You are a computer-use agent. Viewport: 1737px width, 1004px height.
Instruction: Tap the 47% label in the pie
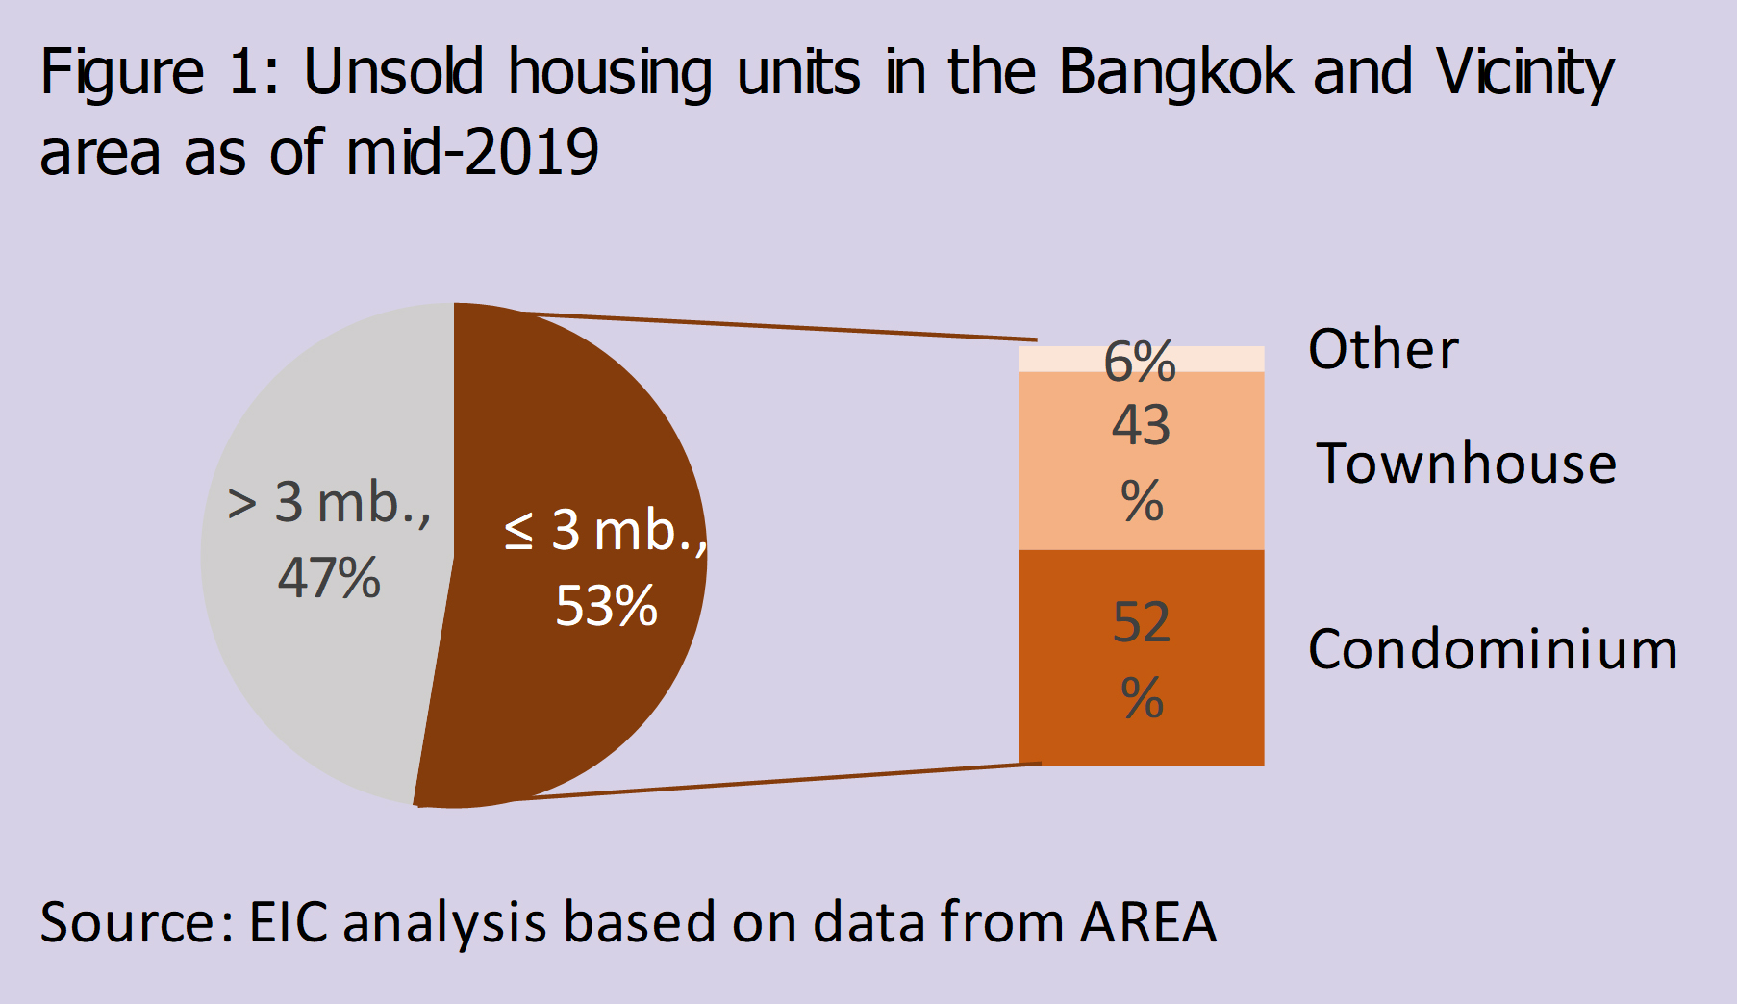[329, 579]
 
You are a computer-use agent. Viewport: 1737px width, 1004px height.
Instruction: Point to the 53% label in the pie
[606, 607]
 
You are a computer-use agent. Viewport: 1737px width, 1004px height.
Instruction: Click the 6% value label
[1140, 362]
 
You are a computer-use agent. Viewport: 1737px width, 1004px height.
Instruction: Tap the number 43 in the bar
[1141, 425]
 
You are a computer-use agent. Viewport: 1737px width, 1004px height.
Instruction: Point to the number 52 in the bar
[1142, 622]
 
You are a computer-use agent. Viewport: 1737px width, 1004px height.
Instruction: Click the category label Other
[1383, 349]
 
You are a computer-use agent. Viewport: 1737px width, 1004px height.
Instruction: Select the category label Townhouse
[1466, 464]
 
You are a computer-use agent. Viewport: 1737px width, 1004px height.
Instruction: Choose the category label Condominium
[1493, 649]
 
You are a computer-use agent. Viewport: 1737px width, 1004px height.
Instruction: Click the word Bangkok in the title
[1176, 72]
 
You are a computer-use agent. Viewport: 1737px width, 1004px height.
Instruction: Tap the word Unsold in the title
[393, 72]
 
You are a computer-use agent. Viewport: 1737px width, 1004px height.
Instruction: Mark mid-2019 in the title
[472, 153]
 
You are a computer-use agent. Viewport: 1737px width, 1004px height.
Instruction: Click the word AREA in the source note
[1148, 921]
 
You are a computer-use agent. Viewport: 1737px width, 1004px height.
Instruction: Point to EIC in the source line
[289, 921]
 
